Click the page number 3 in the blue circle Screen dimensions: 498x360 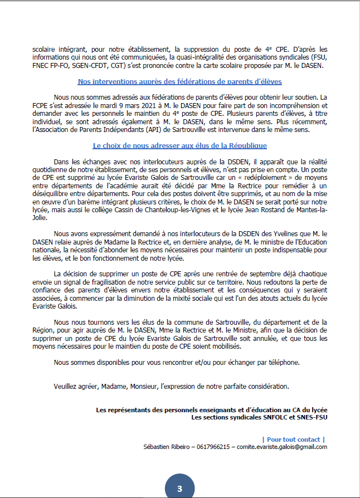click(179, 489)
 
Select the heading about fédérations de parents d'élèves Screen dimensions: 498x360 click(179, 81)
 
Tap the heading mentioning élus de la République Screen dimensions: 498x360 click(179, 146)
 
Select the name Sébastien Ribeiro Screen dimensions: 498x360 click(165, 447)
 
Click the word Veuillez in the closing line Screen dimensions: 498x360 click(66, 386)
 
